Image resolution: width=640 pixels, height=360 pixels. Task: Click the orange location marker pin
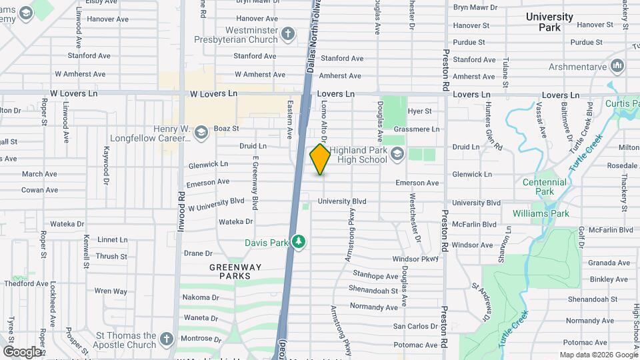[320, 159]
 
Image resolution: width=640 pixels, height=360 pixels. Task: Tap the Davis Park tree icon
[299, 241]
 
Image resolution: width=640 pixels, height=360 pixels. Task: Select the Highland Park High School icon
[397, 155]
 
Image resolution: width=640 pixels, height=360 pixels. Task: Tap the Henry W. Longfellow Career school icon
[201, 134]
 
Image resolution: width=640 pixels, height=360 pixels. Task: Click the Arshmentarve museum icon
[617, 67]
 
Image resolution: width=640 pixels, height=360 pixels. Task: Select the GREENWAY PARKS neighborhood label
[230, 271]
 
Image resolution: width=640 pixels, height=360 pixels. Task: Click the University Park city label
[549, 22]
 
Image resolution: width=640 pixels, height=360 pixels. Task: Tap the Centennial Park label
[544, 187]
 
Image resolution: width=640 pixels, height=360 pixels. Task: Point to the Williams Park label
[541, 213]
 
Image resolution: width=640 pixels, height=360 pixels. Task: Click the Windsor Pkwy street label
[415, 259]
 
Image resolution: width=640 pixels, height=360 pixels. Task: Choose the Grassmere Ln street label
[417, 129]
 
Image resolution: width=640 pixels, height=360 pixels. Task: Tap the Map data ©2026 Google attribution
[598, 355]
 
